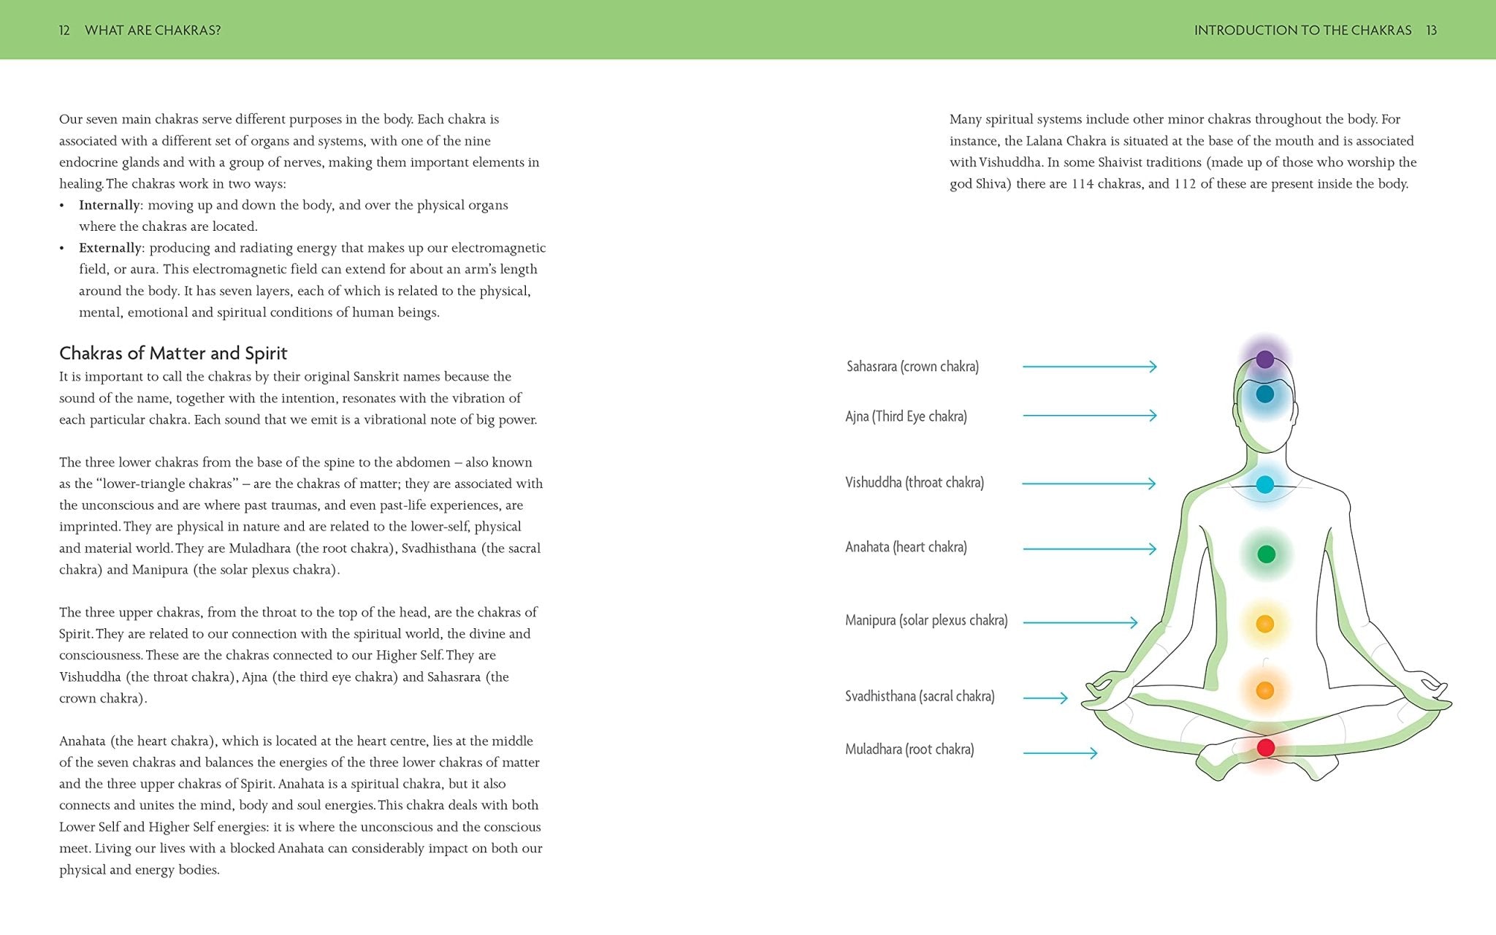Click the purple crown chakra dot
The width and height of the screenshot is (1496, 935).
1265,359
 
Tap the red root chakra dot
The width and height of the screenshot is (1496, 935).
1266,747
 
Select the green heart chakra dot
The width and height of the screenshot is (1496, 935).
1266,554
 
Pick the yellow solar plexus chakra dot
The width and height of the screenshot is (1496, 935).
1265,624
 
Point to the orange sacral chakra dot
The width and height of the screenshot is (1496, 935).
1265,690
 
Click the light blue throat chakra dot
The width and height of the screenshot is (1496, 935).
1265,484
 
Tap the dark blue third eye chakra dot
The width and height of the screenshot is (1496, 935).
1265,394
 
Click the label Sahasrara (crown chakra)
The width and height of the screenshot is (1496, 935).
912,367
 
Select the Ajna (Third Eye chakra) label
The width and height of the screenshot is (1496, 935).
906,416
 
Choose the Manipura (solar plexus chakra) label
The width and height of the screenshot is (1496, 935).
926,621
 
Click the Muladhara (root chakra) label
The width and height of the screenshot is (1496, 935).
909,749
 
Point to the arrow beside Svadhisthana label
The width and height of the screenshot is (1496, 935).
1045,698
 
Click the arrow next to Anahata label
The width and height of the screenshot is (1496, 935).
1089,549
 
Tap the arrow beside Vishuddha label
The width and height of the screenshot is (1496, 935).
1088,484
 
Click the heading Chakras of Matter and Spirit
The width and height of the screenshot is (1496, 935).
173,354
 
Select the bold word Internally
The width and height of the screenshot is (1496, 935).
110,205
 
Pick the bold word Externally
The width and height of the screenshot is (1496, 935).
110,248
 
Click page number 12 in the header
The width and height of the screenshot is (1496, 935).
64,30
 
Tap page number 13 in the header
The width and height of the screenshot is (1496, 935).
1431,30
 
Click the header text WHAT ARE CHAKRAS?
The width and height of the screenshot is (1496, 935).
153,30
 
